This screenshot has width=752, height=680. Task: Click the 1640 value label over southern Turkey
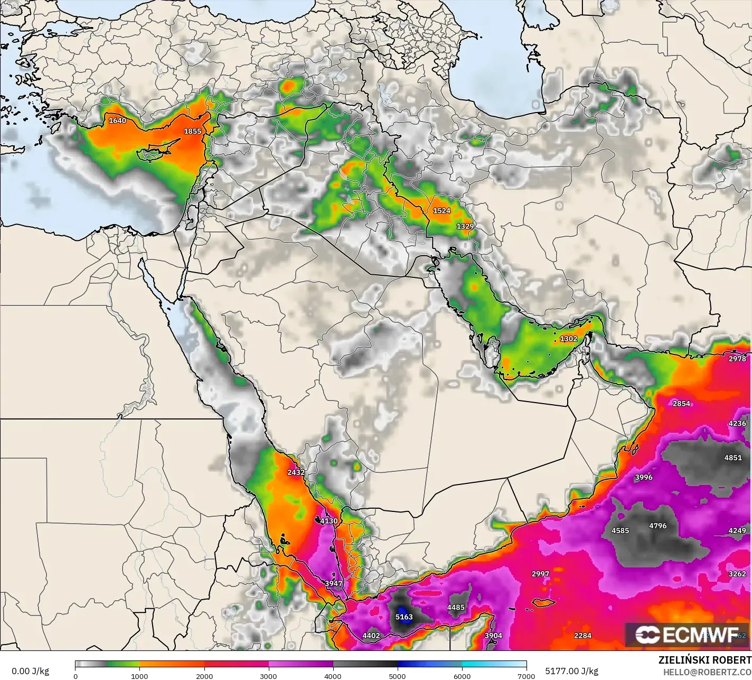click(x=117, y=120)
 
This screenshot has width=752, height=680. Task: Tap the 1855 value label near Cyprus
click(x=192, y=131)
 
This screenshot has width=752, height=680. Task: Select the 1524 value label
click(x=441, y=210)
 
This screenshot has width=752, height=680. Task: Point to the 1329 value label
click(x=465, y=226)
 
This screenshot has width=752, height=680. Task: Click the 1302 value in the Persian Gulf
click(x=569, y=339)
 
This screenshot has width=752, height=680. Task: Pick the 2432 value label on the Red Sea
click(x=296, y=472)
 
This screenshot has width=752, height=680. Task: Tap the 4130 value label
click(x=328, y=521)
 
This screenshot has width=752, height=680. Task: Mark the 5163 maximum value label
click(x=404, y=617)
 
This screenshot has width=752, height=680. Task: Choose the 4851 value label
click(x=733, y=458)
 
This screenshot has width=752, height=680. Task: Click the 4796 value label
click(x=658, y=526)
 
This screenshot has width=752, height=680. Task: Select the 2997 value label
click(x=540, y=574)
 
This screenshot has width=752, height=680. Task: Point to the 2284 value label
click(x=582, y=636)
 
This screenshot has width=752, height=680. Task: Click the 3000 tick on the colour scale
click(x=269, y=676)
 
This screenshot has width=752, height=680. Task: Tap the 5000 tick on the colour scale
click(x=398, y=676)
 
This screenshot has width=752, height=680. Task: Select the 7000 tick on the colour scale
click(x=526, y=676)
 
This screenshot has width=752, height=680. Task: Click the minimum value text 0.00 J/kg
click(x=30, y=671)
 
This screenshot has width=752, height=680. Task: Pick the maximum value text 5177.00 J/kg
click(x=571, y=671)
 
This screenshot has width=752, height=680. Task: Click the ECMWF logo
click(x=687, y=635)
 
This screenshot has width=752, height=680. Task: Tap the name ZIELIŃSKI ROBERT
click(x=704, y=660)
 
